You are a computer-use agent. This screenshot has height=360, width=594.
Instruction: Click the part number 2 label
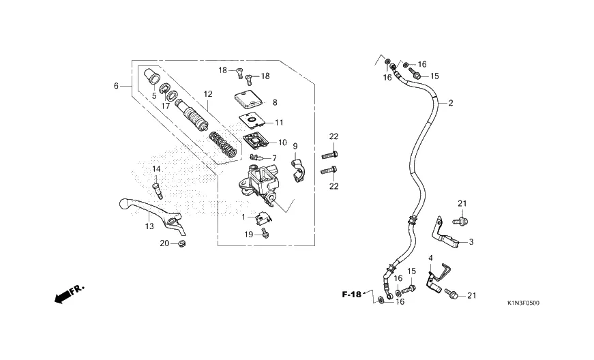coord(450,104)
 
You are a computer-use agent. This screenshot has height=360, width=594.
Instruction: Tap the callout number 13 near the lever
coord(149,226)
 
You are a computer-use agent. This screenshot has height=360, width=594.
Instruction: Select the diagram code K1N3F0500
coord(523,302)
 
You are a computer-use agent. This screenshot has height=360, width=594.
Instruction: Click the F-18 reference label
coord(352,294)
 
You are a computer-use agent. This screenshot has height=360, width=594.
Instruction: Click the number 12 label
coord(207,94)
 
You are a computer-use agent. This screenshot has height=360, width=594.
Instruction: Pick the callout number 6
coord(117,86)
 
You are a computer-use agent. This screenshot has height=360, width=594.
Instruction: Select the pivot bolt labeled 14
coord(158,185)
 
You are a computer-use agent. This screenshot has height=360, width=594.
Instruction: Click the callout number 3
coord(470,242)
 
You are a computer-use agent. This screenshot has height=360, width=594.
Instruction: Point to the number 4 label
coord(430,258)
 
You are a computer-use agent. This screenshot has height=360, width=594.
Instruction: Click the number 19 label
coord(248,234)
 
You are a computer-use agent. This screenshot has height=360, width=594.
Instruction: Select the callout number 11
coord(278,123)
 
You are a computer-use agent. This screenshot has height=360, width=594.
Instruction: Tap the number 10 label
coord(282,142)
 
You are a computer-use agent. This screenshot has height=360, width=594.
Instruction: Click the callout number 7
coord(274,158)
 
